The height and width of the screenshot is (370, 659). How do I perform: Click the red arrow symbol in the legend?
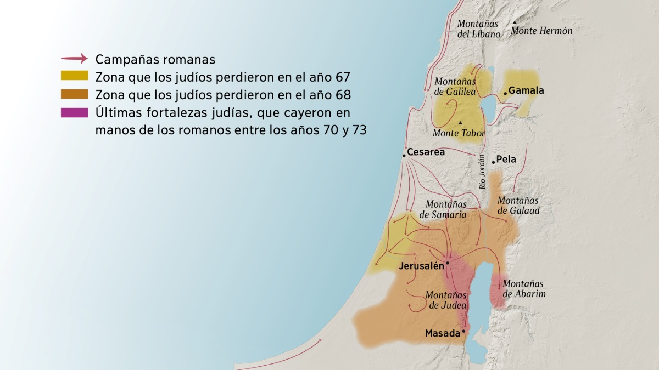click(x=74, y=58)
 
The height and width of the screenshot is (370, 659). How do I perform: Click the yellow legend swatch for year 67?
click(x=74, y=76)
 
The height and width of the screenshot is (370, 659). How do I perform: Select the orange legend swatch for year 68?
click(x=74, y=94)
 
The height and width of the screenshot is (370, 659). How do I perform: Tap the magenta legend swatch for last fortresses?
click(x=74, y=112)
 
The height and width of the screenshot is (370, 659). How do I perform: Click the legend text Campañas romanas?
click(x=155, y=59)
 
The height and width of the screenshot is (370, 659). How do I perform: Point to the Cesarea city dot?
click(x=404, y=156)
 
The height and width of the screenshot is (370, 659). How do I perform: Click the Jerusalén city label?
click(x=421, y=266)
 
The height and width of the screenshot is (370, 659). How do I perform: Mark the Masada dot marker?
click(x=463, y=332)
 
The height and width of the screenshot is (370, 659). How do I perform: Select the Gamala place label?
click(x=526, y=90)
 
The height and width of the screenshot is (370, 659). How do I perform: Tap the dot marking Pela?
click(x=493, y=162)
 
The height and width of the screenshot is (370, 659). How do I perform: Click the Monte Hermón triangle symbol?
click(x=515, y=22)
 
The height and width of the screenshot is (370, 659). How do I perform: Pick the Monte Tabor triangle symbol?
click(x=460, y=122)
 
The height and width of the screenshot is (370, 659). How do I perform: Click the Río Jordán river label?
click(x=483, y=172)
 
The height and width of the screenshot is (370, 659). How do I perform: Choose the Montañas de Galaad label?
click(x=518, y=206)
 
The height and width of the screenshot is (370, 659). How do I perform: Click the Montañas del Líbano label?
click(x=478, y=29)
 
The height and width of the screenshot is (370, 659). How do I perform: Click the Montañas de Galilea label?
click(x=455, y=87)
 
